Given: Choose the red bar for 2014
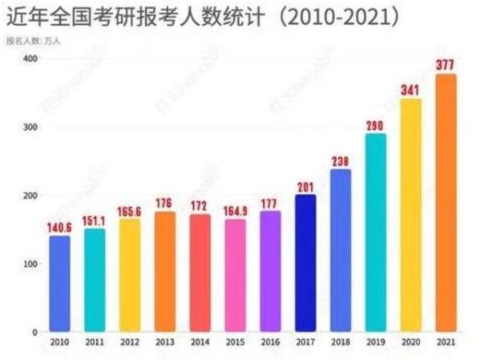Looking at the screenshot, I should (200, 273).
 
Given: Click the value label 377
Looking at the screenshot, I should (446, 65).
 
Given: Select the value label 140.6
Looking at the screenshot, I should (59, 227).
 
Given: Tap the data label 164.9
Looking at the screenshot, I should (235, 211).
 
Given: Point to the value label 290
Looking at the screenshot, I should (375, 125).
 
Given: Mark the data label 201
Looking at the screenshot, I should (305, 186).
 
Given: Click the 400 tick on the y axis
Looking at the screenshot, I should (30, 59).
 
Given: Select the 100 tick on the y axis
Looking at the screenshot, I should (30, 264).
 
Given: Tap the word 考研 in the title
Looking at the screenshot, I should (125, 16).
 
